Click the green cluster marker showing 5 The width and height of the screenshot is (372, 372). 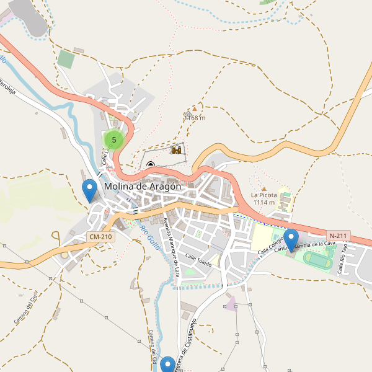click(x=114, y=140)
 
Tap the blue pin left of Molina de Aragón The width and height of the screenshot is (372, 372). click(x=90, y=189)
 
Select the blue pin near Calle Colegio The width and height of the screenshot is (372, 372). click(x=291, y=239)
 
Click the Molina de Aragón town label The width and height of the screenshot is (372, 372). click(x=143, y=186)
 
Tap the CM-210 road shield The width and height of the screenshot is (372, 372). click(x=100, y=237)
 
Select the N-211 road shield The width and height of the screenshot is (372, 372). click(x=339, y=236)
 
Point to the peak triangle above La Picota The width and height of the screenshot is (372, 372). click(x=263, y=188)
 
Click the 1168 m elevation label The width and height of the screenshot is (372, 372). click(x=195, y=118)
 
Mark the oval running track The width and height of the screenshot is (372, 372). click(x=317, y=263)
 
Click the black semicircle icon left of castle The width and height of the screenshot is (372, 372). click(x=151, y=164)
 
